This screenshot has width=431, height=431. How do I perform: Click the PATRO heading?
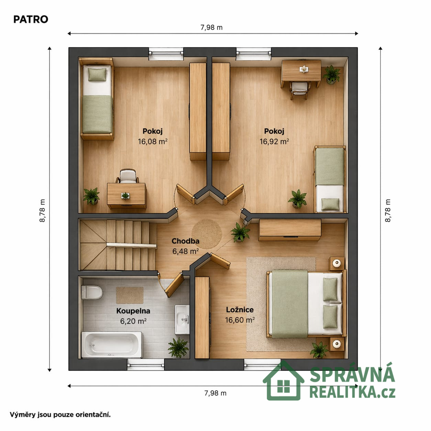tap(31, 20)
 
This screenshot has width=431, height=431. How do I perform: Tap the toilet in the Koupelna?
tap(92, 292)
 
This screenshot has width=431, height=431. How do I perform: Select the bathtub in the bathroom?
tap(112, 345)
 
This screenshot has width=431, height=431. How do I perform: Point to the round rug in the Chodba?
tap(207, 234)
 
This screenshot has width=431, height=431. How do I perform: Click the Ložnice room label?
tap(240, 310)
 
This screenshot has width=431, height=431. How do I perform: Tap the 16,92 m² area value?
tap(274, 141)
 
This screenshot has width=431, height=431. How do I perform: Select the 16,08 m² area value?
tap(153, 141)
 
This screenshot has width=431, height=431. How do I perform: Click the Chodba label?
tap(185, 241)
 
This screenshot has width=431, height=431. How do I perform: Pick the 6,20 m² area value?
tap(133, 321)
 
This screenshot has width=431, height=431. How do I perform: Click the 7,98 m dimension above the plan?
tap(211, 27)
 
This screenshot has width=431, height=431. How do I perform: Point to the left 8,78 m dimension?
tap(42, 210)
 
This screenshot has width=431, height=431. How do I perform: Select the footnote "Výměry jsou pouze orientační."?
tap(60, 415)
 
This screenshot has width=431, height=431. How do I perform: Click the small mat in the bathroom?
tap(130, 295)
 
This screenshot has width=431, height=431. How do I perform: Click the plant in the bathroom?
tap(178, 347)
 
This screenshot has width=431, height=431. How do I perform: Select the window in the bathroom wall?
tap(146, 365)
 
